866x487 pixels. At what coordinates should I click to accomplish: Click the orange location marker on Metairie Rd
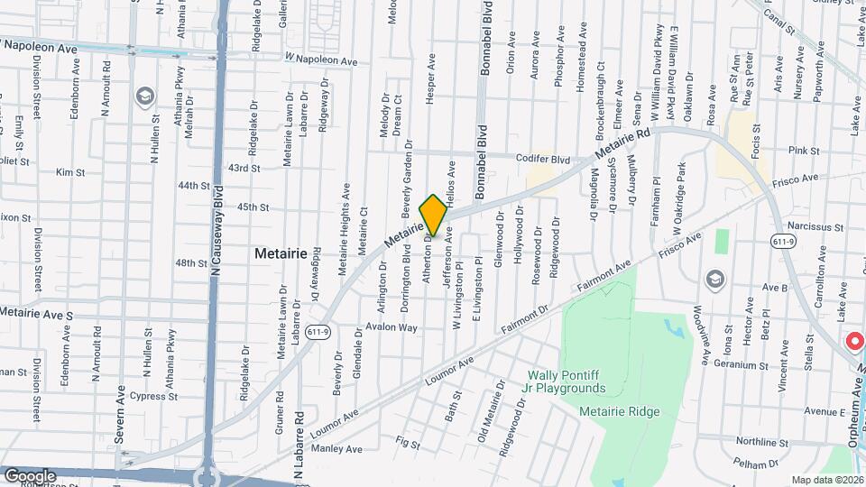pyautogui.click(x=433, y=215)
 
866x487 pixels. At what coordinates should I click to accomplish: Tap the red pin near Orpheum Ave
pyautogui.click(x=853, y=342)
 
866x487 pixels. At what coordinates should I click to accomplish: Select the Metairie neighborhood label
pyautogui.click(x=281, y=253)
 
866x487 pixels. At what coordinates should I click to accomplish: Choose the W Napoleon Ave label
pyautogui.click(x=321, y=60)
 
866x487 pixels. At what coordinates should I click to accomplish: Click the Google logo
pyautogui.click(x=29, y=475)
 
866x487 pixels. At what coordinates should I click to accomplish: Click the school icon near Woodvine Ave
pyautogui.click(x=715, y=278)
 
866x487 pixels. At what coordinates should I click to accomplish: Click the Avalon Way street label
pyautogui.click(x=391, y=327)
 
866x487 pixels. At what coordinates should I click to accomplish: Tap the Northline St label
pyautogui.click(x=762, y=442)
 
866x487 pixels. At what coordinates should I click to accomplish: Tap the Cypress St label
pyautogui.click(x=152, y=396)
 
